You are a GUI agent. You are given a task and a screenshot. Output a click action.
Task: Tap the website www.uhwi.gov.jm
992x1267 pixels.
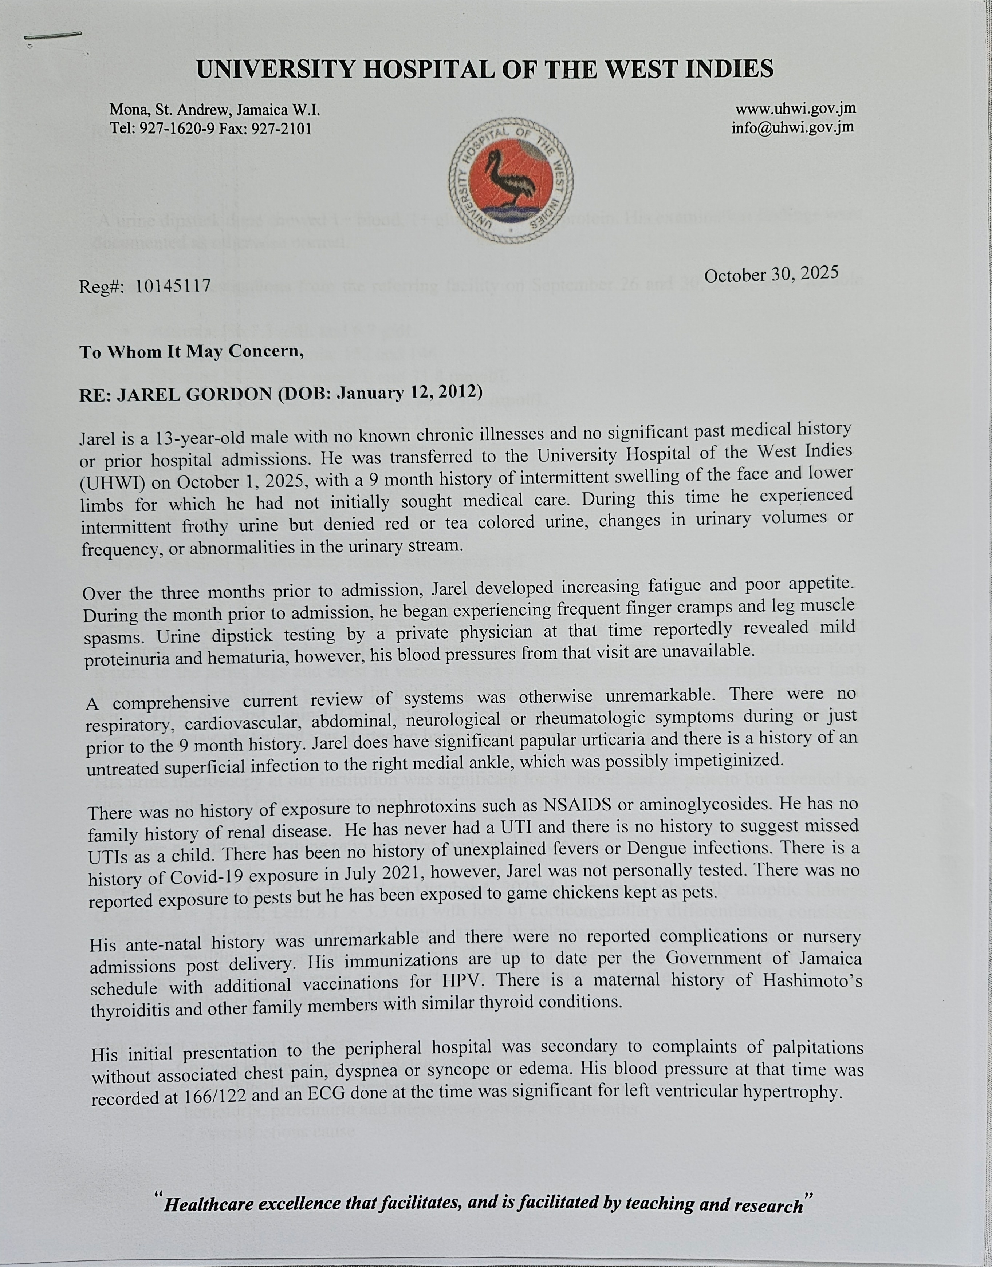click(x=795, y=108)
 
